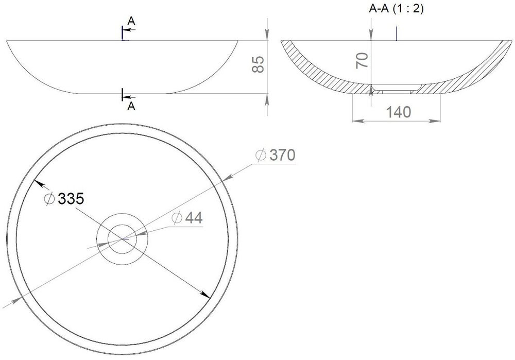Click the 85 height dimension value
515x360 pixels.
(x=259, y=64)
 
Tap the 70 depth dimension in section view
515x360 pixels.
(x=362, y=60)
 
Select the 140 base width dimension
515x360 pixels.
(x=398, y=112)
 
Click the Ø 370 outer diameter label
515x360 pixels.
(x=276, y=155)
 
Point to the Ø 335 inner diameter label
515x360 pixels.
(x=64, y=198)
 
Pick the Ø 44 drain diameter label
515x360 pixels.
(x=187, y=217)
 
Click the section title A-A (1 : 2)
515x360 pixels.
(x=397, y=9)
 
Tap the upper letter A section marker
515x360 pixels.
(x=131, y=21)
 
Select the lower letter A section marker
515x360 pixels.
(x=131, y=106)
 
